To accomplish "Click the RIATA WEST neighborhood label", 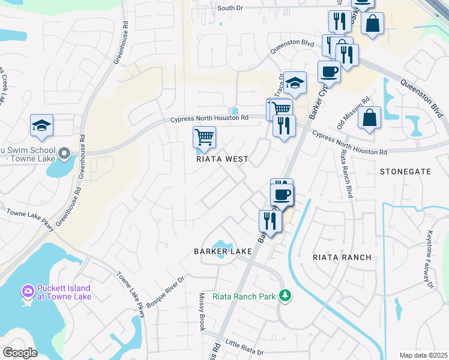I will [222, 160].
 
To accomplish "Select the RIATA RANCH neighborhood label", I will [342, 257].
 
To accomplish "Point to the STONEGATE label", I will [406, 172].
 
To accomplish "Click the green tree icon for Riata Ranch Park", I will [286, 295].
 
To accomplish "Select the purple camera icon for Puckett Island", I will [28, 292].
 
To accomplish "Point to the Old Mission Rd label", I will [352, 110].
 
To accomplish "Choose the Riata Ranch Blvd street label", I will [345, 175].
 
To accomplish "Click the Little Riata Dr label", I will [244, 346].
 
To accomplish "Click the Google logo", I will [20, 352].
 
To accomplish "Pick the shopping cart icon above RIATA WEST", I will [204, 137].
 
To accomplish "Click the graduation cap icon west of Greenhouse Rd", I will [42, 125].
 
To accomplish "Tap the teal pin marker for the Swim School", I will [65, 155].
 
